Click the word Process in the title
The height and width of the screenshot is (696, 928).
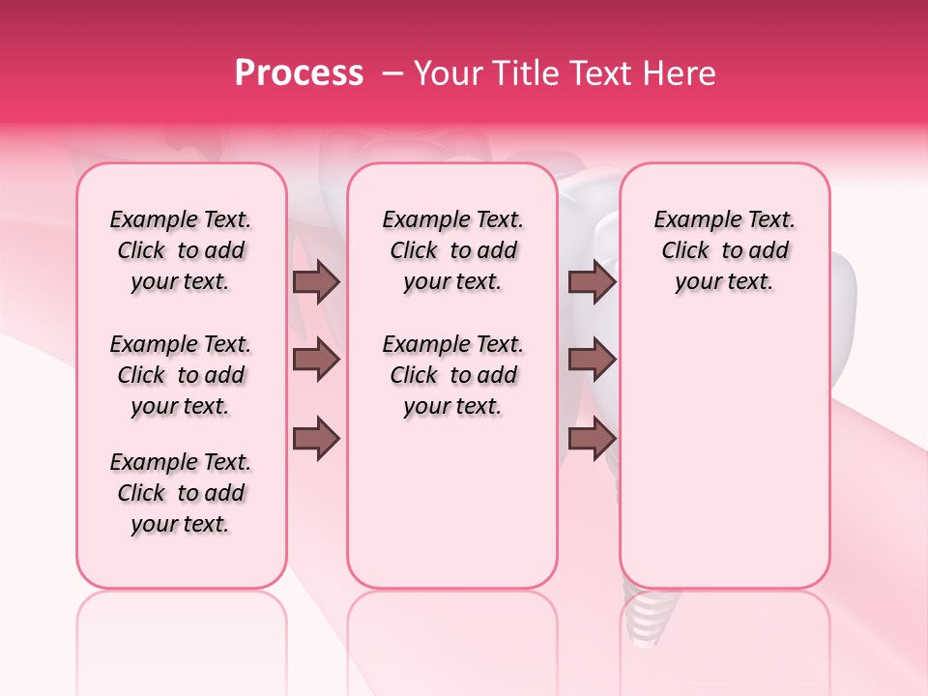point(299,73)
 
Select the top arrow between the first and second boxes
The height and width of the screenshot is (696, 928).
point(316,281)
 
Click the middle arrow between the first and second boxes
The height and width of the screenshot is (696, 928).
point(316,361)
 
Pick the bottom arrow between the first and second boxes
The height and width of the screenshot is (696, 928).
point(316,438)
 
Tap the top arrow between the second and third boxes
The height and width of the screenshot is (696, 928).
point(592,281)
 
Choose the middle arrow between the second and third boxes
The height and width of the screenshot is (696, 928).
point(592,361)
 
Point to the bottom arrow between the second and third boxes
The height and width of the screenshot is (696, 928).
point(592,438)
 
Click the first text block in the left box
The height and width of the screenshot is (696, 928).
point(181,250)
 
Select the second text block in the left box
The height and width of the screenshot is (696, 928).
point(181,375)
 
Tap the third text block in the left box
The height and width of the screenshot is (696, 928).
point(181,493)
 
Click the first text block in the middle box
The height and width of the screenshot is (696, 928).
point(453,250)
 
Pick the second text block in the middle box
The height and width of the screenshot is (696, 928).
point(453,375)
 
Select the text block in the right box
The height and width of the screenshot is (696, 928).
point(725,250)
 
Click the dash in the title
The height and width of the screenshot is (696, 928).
point(392,73)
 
